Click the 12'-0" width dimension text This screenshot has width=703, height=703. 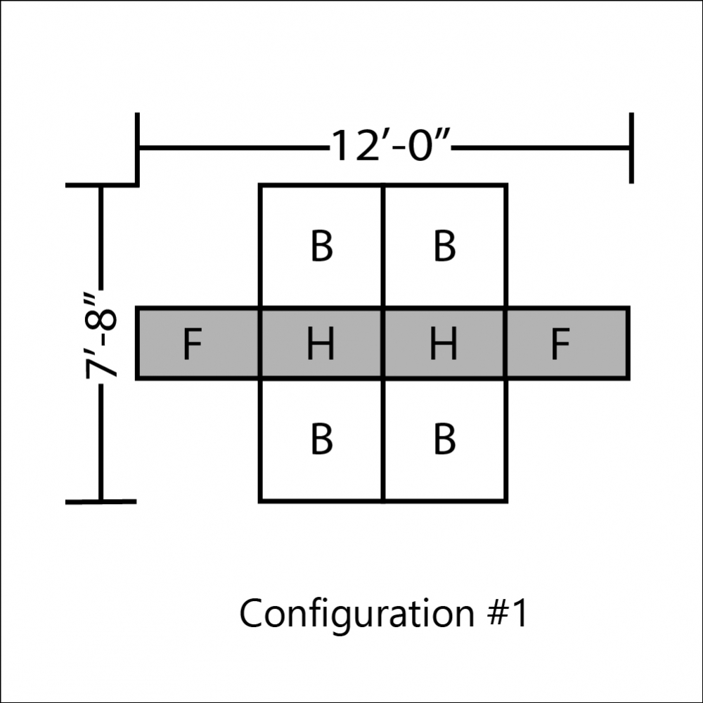tap(390, 146)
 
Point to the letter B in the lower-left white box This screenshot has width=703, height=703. tap(321, 439)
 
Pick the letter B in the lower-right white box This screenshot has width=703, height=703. tap(444, 439)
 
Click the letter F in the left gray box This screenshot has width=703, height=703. tap(193, 344)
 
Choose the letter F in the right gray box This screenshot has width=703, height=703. tap(560, 344)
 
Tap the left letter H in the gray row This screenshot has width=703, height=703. tap(321, 344)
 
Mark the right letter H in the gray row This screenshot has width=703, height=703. tap(444, 344)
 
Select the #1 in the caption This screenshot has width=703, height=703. tap(507, 612)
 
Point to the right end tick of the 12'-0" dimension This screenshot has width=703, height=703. tap(631, 148)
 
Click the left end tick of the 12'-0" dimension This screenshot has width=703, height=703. tap(137, 148)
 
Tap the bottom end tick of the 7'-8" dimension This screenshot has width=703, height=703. tap(101, 502)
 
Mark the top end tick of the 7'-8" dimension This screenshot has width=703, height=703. tap(101, 185)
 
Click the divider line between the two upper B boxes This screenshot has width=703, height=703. tap(383, 245)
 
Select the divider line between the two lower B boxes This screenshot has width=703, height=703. tap(383, 440)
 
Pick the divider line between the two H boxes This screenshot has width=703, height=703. tap(383, 344)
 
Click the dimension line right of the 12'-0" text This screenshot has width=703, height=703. tap(540, 147)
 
